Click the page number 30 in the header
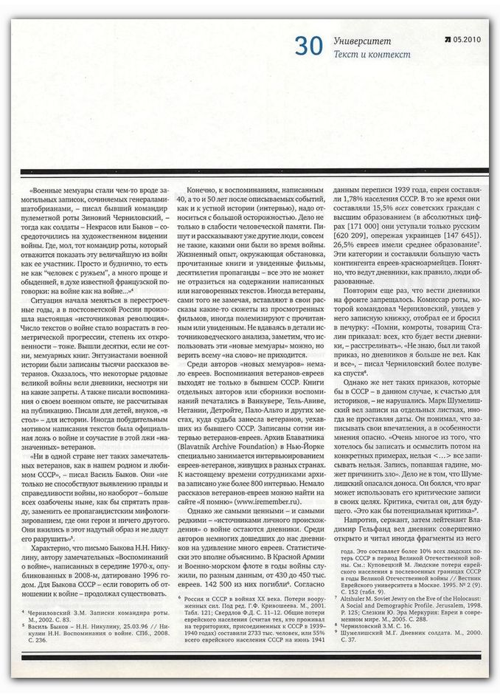click(x=308, y=46)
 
